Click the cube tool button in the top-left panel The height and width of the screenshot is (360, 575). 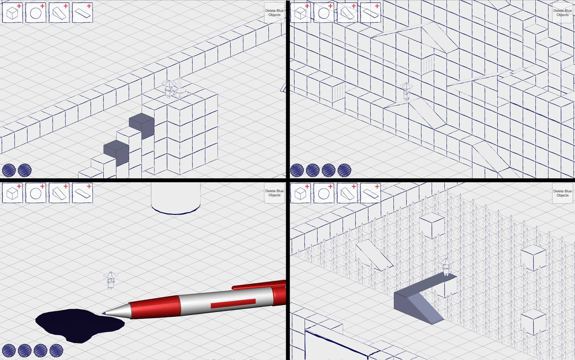pos(12,13)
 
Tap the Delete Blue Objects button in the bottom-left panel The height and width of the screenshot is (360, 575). pos(274,193)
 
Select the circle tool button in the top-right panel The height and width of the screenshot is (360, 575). pos(324,13)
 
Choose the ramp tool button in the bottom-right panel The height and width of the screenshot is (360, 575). pos(347,193)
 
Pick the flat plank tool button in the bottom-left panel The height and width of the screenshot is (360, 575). pos(82,193)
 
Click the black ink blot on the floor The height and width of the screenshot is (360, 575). pos(80,325)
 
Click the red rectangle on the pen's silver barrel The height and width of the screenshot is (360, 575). pos(233,303)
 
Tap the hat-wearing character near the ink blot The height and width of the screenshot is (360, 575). pos(111,280)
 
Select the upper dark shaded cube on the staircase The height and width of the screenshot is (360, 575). pos(142,126)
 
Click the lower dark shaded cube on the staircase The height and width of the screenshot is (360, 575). pos(116,153)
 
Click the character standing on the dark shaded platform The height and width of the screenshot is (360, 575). pos(447,267)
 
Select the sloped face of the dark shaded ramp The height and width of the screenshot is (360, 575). pos(425,307)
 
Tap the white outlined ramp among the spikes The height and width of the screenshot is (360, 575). pos(374,255)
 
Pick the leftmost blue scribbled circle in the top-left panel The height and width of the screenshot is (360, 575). pos(9,170)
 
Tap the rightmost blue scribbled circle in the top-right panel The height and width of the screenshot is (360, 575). pos(344,170)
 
